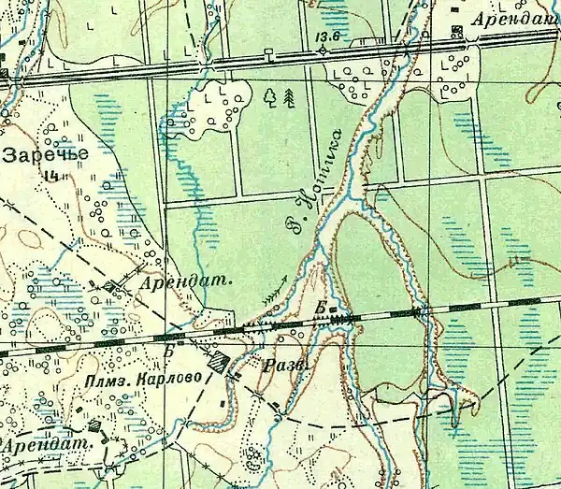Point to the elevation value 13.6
pyautogui.click(x=326, y=36)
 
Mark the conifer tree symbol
pyautogui.click(x=288, y=95)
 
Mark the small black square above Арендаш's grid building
pyautogui.click(x=455, y=12)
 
